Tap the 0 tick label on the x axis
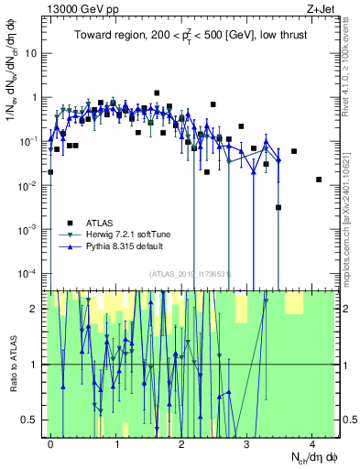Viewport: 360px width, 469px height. (51, 443)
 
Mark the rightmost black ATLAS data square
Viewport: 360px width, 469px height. (319, 180)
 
